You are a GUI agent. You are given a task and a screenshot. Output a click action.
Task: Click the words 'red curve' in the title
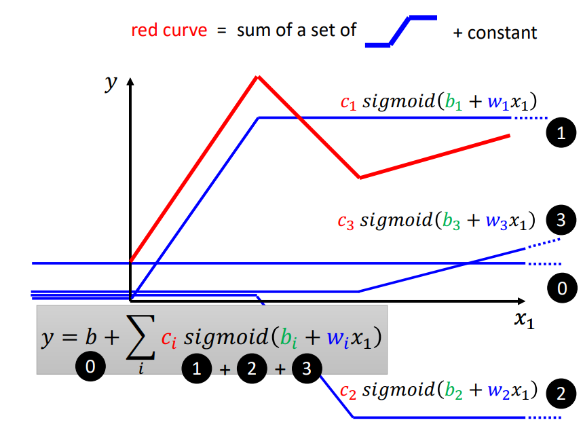pos(169,31)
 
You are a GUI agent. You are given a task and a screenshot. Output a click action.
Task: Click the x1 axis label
pos(524,320)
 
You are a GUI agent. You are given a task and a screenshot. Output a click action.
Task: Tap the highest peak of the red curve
pos(257,77)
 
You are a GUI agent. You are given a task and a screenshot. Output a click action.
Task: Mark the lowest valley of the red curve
pos(360,178)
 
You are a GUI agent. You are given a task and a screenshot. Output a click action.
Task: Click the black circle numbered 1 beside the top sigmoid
pos(561,133)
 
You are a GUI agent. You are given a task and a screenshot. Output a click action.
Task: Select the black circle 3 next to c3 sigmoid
pos(561,220)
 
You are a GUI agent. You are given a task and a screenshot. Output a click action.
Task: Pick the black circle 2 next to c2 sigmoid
pos(561,393)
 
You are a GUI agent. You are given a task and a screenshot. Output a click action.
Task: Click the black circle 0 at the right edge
pos(561,288)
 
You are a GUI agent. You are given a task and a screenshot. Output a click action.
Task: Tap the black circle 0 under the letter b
pos(90,367)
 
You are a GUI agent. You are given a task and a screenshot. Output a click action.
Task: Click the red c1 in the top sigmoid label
pos(347,104)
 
